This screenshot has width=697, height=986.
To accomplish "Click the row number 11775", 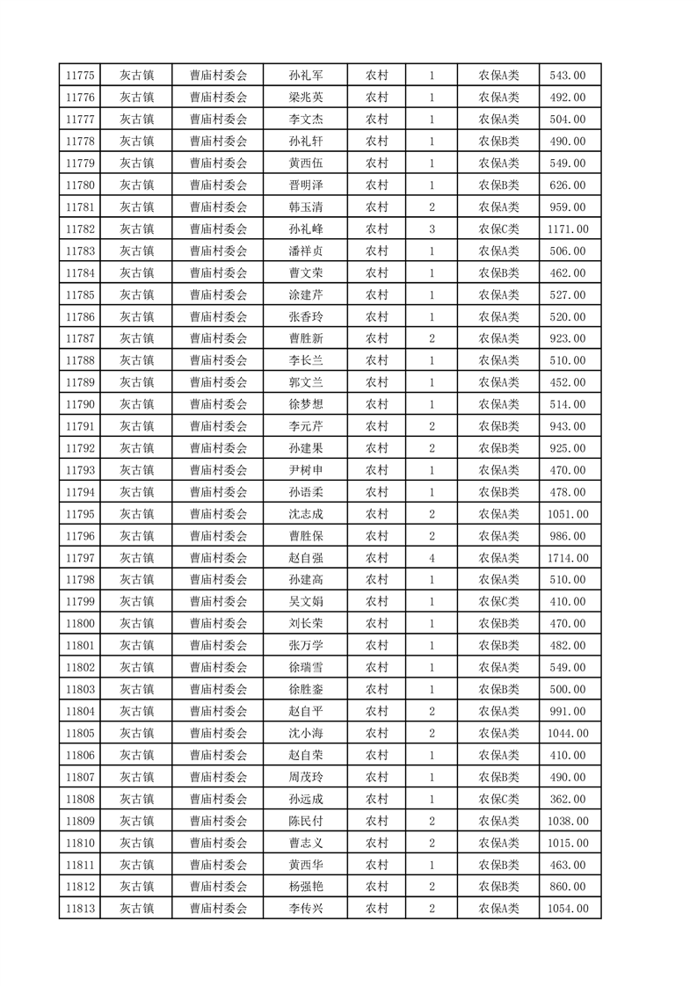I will (80, 76).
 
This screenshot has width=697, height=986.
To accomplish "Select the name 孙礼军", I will (305, 76).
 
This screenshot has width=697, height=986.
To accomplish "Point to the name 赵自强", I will (305, 558).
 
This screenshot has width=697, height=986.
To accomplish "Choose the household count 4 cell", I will (432, 558).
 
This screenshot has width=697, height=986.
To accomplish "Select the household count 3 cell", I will (432, 229).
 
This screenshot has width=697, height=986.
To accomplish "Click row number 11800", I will (80, 624).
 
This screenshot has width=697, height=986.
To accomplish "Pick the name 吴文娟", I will (305, 602).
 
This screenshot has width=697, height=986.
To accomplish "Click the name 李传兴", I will (305, 909).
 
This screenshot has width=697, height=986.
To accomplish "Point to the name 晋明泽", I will (305, 185).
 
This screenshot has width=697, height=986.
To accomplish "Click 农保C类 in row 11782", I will (498, 229).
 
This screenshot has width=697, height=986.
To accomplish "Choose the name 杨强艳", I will (305, 887).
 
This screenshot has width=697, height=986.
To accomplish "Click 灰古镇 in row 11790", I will (137, 404).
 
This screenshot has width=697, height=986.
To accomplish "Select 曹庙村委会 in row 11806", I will (219, 755).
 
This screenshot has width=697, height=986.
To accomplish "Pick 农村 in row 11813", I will (377, 909).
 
